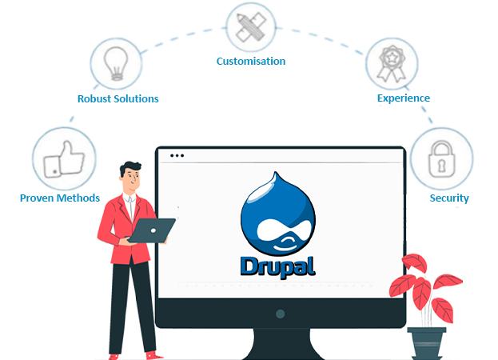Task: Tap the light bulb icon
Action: click(117, 62)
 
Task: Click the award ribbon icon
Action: click(392, 62)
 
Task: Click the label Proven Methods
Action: click(60, 198)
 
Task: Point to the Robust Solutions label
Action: click(118, 98)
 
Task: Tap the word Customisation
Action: click(251, 61)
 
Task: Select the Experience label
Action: click(404, 98)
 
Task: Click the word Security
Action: click(449, 198)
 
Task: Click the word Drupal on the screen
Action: click(277, 265)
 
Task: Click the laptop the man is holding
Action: click(152, 230)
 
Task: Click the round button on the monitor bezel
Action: click(279, 314)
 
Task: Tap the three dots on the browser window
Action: click(177, 155)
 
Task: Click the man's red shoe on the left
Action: click(115, 355)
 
